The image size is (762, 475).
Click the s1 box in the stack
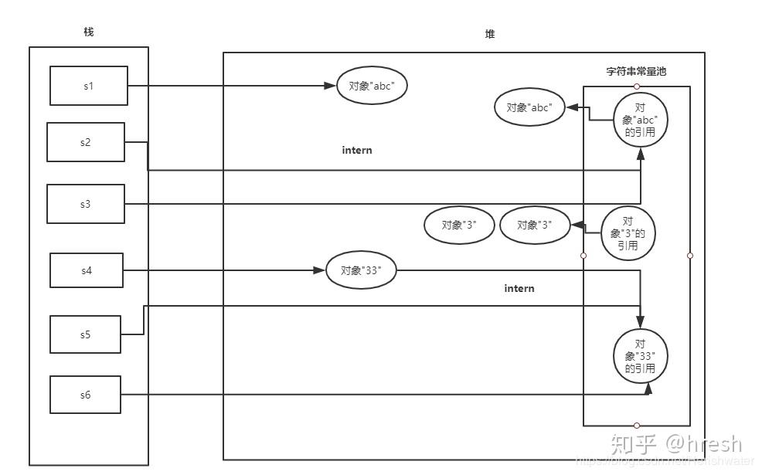tap(89, 86)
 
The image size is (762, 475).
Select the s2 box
tap(85, 142)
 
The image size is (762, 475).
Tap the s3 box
tap(85, 204)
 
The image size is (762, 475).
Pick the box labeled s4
tap(87, 270)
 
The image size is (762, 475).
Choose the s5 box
tap(85, 334)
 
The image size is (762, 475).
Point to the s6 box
tap(85, 395)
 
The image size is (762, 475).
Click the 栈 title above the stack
tap(89, 32)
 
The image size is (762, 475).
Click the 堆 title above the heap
tap(489, 34)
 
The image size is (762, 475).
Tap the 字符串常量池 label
tap(636, 71)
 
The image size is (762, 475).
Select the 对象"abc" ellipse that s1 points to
tap(372, 87)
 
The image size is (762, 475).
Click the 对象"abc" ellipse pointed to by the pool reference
tap(529, 108)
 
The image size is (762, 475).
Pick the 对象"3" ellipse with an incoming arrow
tap(535, 226)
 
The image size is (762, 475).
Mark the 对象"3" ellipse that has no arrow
tap(459, 226)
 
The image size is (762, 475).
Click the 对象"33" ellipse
tap(362, 270)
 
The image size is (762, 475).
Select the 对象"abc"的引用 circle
tap(640, 120)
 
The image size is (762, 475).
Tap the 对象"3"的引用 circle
tap(628, 234)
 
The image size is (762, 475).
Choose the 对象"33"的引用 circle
tap(640, 356)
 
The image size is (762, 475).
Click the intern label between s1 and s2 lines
tap(357, 150)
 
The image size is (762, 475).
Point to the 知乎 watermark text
tap(634, 444)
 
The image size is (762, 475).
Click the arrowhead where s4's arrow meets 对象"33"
tap(320, 270)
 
